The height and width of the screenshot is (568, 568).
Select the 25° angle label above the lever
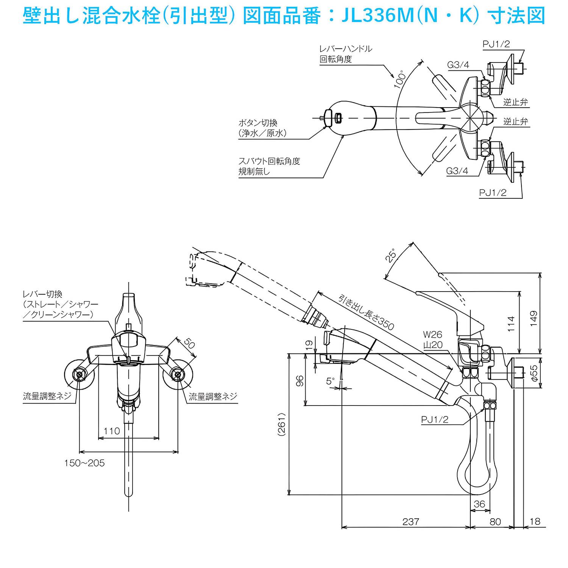pos(391,255)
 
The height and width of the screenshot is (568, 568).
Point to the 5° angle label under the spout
pos(331,381)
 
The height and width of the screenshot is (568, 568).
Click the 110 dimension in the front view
pos(111,431)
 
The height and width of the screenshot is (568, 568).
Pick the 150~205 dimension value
pos(84,463)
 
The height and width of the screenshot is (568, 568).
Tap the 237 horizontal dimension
pos(410,521)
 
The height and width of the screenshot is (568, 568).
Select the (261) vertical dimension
pos(281,424)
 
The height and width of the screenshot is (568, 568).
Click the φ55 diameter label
pos(534,373)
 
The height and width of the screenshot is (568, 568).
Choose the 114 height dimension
pos(511,324)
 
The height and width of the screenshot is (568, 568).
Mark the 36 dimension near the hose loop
pos(479,504)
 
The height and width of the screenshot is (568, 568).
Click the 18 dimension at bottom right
pos(535,521)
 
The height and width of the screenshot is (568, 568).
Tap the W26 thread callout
pos(432,334)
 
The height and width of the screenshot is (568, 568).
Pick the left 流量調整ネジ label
pos(47,396)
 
